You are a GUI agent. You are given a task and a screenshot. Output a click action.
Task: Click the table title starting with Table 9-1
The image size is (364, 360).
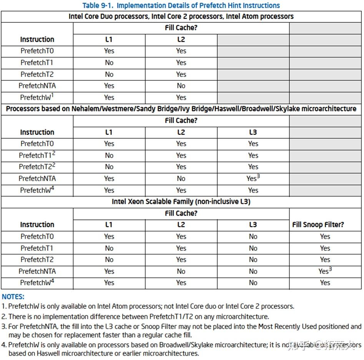tap(181, 5)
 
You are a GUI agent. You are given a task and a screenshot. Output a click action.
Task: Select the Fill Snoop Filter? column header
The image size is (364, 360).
tap(318, 225)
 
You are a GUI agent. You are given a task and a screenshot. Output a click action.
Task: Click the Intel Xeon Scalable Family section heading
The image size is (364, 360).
tap(181, 202)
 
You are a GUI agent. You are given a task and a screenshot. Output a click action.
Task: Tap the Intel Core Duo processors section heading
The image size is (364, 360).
tap(181, 17)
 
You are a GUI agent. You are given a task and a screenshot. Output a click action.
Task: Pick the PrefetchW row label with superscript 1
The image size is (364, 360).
tap(37, 97)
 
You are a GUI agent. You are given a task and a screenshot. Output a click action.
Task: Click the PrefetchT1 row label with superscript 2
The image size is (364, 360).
tap(37, 155)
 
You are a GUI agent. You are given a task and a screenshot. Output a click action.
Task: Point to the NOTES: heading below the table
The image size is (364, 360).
tap(13, 297)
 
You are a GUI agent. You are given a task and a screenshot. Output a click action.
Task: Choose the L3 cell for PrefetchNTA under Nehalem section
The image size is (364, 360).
tap(253, 178)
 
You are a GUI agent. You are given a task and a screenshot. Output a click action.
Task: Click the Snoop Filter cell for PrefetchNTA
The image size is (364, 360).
tap(325, 271)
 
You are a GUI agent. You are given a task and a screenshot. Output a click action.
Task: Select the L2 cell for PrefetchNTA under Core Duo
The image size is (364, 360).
tap(181, 86)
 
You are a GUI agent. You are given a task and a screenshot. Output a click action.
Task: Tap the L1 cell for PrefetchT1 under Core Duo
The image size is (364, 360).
tap(109, 63)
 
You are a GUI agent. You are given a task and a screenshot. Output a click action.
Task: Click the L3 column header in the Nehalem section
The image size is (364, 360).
tap(253, 132)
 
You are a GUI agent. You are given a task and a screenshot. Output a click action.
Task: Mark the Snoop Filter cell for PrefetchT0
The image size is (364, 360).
tap(325, 237)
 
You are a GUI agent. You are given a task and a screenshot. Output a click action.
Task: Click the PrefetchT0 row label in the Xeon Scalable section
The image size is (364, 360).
tap(37, 237)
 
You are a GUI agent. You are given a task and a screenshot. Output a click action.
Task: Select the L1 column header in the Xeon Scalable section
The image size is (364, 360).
tap(109, 225)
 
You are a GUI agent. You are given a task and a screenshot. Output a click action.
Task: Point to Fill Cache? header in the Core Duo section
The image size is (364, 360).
tap(181, 28)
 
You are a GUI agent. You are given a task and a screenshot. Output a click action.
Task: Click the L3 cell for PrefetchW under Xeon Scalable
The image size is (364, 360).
tap(253, 283)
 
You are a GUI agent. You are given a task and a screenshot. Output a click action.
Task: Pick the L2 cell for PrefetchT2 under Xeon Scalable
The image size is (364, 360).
tap(181, 260)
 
